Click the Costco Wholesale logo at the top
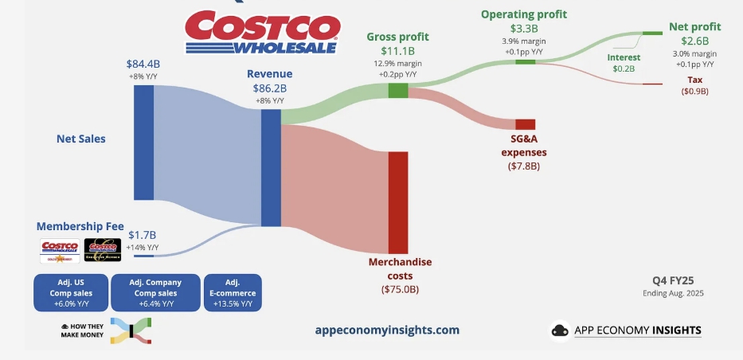[262, 32]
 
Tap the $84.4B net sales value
[143, 64]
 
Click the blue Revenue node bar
[271, 168]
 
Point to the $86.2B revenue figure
[271, 89]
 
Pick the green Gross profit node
[398, 91]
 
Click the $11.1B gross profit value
[398, 51]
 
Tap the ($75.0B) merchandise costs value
[398, 288]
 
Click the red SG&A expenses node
[525, 124]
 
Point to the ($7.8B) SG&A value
[524, 166]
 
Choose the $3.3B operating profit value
[523, 29]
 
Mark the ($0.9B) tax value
[694, 92]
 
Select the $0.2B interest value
[624, 69]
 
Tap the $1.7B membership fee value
[143, 235]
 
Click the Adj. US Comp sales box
[69, 293]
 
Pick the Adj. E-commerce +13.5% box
[233, 293]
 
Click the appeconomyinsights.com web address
[387, 330]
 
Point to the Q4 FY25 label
[673, 280]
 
